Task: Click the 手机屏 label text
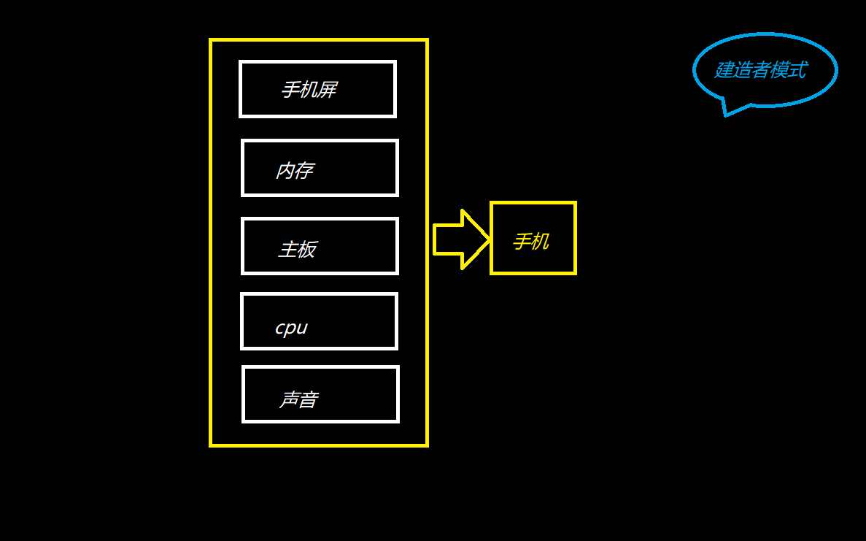[309, 90]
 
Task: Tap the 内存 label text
[294, 171]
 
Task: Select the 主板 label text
[297, 250]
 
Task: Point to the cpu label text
[291, 328]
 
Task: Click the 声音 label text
[298, 400]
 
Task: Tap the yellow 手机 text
[530, 242]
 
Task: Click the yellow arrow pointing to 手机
[460, 239]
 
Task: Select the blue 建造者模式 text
[760, 70]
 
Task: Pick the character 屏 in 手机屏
[328, 90]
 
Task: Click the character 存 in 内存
[304, 171]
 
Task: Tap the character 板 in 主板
[307, 250]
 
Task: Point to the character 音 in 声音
[308, 400]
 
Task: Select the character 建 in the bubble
[723, 70]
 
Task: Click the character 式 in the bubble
[797, 70]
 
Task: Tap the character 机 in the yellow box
[540, 242]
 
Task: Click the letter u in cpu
[302, 328]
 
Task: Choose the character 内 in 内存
[285, 171]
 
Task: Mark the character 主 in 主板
[287, 250]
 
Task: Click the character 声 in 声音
[289, 400]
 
